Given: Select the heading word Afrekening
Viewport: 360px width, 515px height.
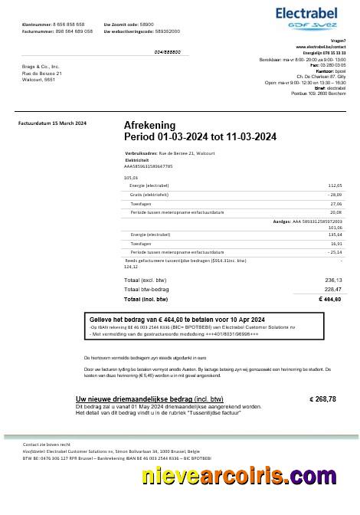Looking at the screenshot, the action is tap(149, 125).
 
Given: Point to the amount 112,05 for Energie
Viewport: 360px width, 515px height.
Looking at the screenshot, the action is tap(335, 185).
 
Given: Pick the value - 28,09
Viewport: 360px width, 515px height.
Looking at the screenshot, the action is tap(334, 195).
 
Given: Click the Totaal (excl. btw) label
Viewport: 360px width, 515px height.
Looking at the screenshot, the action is tap(142, 280).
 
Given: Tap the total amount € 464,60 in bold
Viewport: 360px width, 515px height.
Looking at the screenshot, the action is tap(329, 298).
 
